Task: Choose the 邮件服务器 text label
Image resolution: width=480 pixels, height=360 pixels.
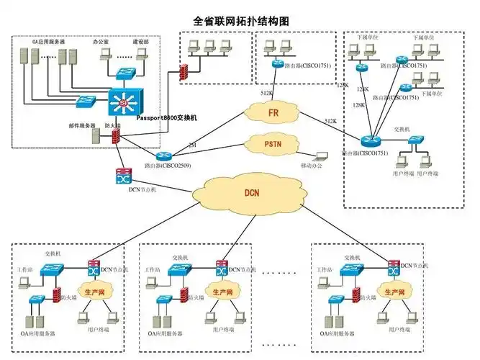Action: [82, 125]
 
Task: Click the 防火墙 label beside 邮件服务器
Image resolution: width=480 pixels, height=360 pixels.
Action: [113, 125]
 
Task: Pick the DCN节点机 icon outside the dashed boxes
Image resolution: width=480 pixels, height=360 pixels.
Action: [122, 176]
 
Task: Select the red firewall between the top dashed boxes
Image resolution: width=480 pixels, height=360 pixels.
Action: [184, 72]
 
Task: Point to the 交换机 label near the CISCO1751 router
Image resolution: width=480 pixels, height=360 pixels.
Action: [401, 130]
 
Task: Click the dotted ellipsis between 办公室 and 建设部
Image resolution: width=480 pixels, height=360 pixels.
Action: [126, 58]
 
